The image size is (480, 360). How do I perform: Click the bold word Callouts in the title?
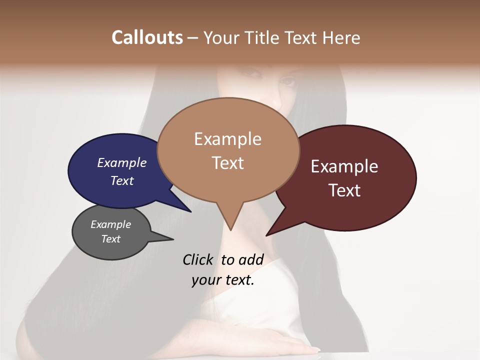147,37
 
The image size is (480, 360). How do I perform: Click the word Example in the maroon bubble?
344,166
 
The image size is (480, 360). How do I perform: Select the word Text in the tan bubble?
228,163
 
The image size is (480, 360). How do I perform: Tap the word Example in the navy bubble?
122,162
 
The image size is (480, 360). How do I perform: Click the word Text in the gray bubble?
111,239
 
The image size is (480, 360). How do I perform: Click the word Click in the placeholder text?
197,259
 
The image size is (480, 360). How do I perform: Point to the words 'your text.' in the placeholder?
223,280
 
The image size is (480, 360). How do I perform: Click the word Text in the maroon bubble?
344,190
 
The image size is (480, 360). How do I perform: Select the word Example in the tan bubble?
228,139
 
